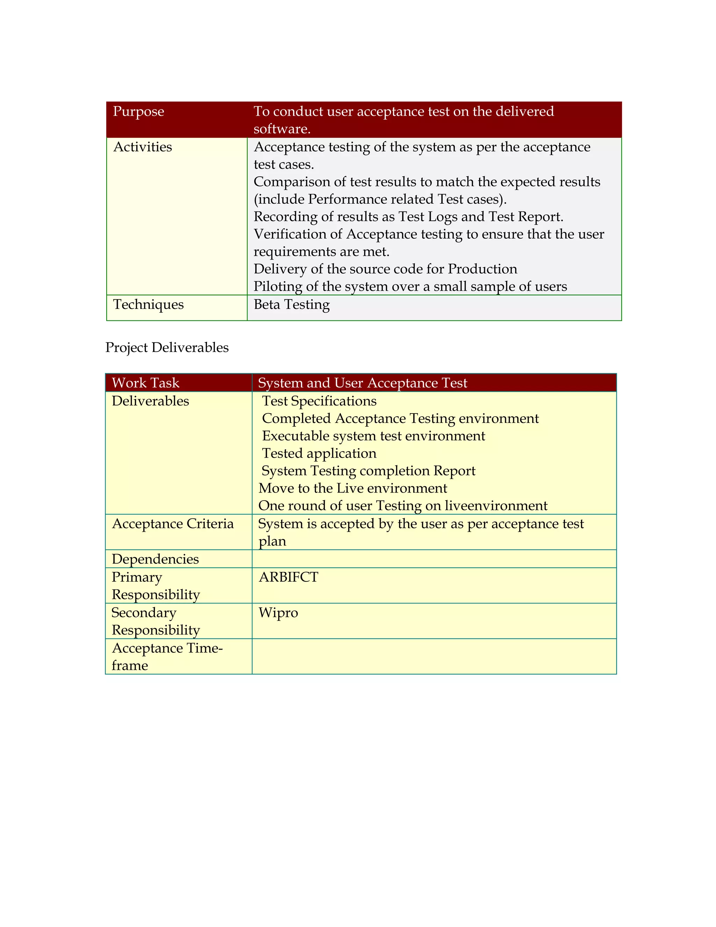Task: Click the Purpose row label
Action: [138, 112]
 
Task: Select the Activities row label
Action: [143, 147]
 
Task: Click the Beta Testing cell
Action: [292, 305]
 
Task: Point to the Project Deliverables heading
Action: [167, 348]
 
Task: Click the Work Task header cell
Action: [145, 383]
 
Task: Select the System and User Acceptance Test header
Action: [362, 383]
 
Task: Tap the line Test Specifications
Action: [319, 401]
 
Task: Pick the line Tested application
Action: [319, 453]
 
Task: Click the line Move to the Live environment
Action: [352, 488]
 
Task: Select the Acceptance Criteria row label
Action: [173, 524]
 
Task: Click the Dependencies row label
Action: [155, 559]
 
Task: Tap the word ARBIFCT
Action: [288, 577]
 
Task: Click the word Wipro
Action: [278, 613]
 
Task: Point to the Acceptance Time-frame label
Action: [167, 657]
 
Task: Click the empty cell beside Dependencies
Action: [434, 559]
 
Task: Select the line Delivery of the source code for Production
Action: [385, 269]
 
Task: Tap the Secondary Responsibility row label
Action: [155, 621]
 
